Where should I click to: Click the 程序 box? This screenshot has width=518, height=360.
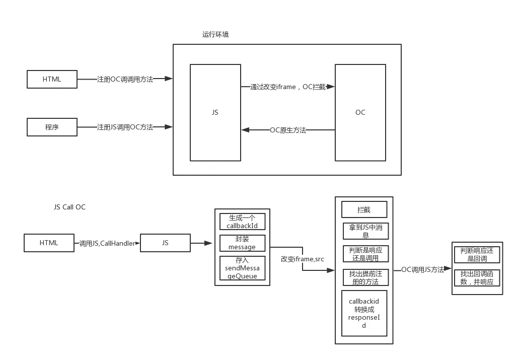point(52,127)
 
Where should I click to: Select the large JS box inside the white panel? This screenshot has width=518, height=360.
point(215,112)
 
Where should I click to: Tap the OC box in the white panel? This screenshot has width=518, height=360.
point(360,112)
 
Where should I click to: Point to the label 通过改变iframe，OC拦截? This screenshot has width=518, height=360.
point(288,87)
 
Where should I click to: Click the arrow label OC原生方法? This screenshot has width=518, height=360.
point(288,130)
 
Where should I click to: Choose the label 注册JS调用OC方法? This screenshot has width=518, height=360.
point(125,127)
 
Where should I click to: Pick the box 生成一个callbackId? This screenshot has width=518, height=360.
point(242,222)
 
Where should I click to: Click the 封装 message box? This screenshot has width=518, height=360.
point(242,243)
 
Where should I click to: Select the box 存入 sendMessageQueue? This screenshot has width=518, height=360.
point(242,268)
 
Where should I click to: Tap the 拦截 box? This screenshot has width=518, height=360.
point(364,209)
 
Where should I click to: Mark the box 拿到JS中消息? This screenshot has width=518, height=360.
point(366,231)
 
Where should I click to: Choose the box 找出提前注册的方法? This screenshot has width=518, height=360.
point(366,277)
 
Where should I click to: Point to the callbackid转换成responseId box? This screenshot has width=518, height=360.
point(364,313)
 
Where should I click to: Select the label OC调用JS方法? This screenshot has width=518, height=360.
point(423,269)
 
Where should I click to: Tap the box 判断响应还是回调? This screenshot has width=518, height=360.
point(477,254)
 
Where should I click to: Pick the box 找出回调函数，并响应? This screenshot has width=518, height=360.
point(477,278)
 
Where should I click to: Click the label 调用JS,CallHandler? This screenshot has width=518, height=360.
point(108,243)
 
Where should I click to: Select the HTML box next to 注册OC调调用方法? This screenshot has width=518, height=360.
point(52,79)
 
